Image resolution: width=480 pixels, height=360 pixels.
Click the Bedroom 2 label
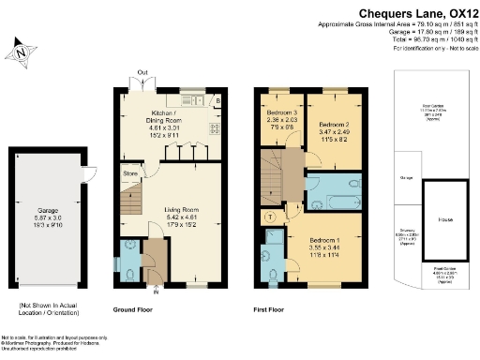point(334,130)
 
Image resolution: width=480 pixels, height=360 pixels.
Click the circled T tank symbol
point(271,216)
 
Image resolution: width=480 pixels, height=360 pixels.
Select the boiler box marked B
point(217,100)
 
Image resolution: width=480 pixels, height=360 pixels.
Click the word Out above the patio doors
point(142,72)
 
